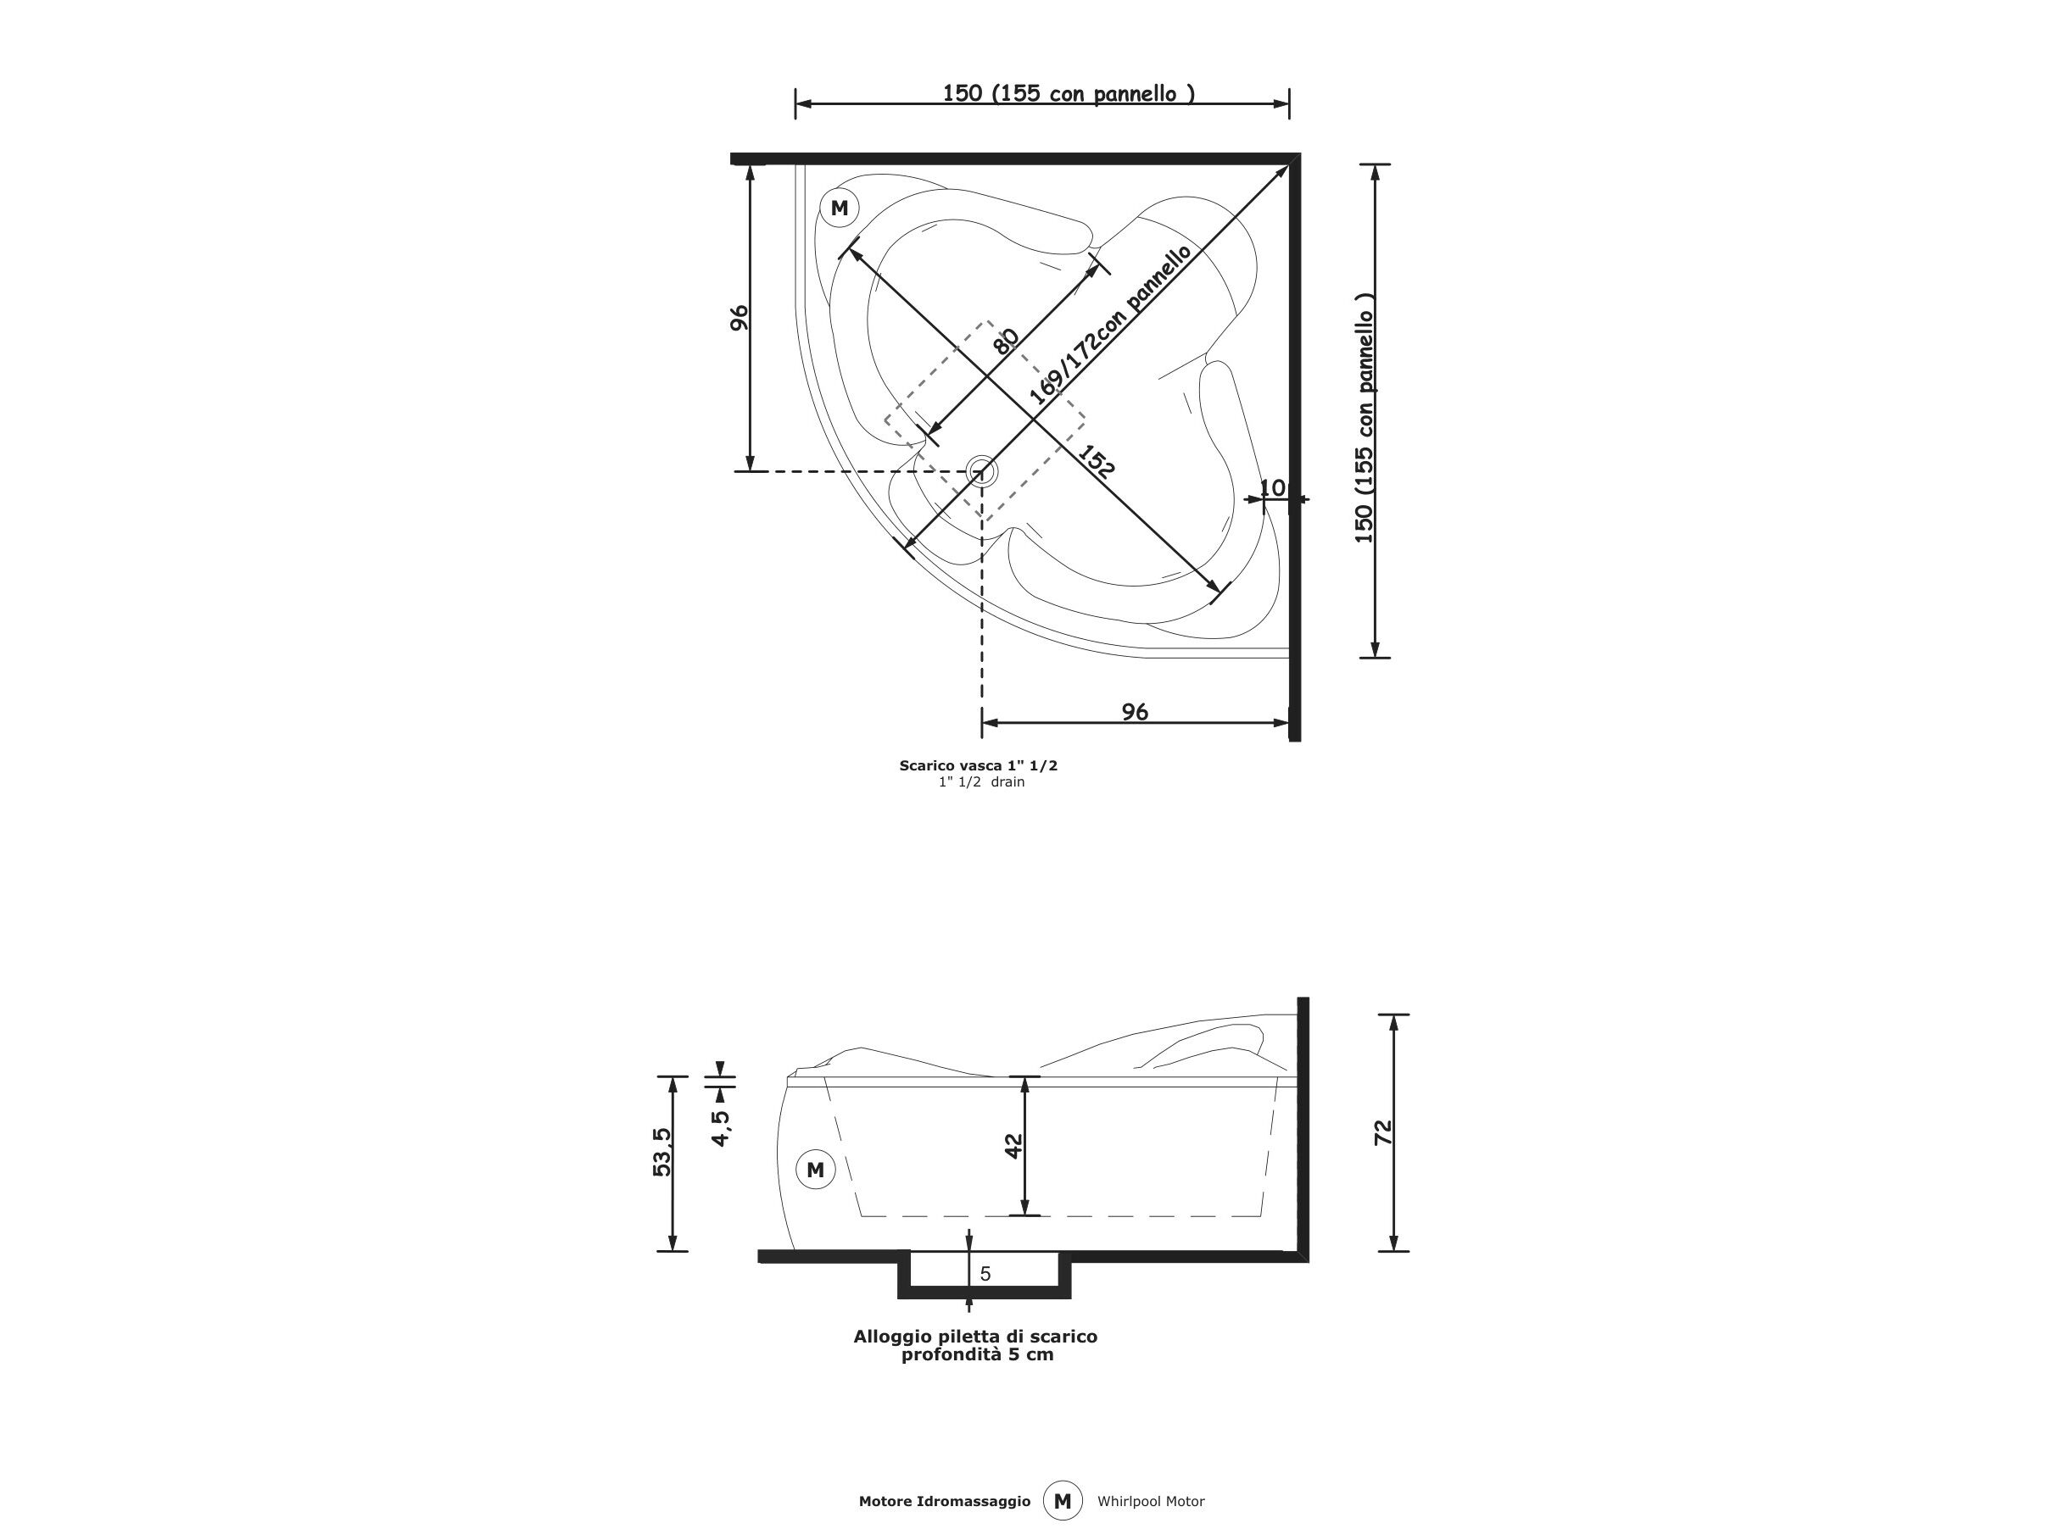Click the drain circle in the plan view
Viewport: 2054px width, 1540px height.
[981, 471]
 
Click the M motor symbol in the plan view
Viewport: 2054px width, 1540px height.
[840, 208]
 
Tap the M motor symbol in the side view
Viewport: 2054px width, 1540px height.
[815, 1170]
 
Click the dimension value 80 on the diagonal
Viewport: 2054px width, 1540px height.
[1006, 341]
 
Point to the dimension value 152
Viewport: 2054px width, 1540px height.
[1096, 462]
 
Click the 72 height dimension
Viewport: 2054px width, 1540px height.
[1382, 1131]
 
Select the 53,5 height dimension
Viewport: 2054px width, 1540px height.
[662, 1152]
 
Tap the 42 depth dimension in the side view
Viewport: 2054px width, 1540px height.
[1013, 1147]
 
